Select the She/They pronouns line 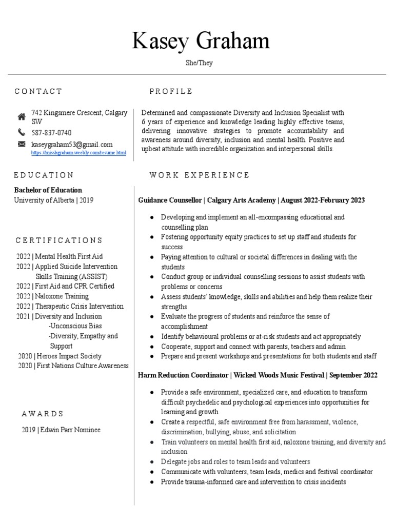[199, 63]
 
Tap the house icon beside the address [22, 116]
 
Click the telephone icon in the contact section [22, 132]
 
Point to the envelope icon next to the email [22, 144]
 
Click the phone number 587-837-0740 [51, 133]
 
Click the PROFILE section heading [171, 91]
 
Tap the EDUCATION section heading [44, 175]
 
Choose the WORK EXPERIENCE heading [199, 175]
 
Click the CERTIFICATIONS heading [59, 240]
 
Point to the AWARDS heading [43, 413]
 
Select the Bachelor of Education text [48, 190]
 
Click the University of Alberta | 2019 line [54, 200]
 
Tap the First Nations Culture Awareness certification [73, 366]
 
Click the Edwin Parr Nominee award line [61, 430]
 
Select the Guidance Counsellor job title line [251, 200]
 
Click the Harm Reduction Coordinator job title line [258, 375]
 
